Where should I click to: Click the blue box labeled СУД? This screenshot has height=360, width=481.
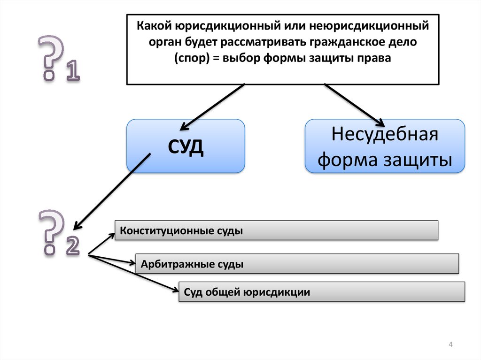186,146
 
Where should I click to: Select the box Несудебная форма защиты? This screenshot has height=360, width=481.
385,146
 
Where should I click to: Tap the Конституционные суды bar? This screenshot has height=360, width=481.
276,231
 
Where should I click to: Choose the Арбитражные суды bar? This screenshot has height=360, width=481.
297,264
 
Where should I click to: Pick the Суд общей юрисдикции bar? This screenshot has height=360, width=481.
322,292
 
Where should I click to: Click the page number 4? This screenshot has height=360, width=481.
450,345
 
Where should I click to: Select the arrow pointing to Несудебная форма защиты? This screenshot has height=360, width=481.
356,105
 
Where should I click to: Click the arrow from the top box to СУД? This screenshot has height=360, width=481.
212,106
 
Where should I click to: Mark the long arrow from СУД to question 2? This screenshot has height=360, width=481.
113,190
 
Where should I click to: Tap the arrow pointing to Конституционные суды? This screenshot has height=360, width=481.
101,244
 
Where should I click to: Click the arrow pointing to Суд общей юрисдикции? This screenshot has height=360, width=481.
134,274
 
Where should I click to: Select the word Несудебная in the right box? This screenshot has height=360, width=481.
385,135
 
